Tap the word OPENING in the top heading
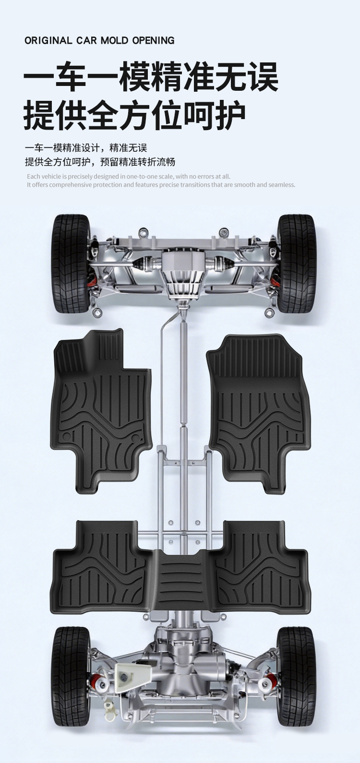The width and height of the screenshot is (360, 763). (x=153, y=40)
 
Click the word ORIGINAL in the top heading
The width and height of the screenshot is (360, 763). (x=48, y=40)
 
